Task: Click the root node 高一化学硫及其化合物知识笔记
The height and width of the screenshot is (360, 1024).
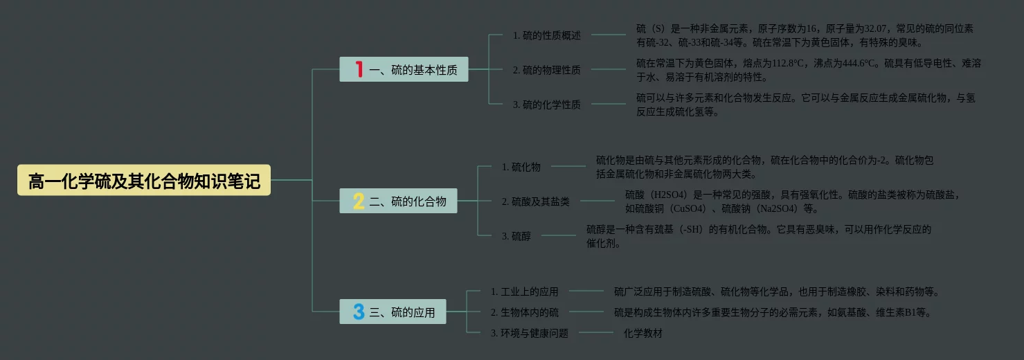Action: click(144, 181)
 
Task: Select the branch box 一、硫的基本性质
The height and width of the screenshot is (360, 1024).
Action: click(404, 69)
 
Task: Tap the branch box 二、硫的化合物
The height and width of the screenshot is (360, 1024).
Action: click(398, 201)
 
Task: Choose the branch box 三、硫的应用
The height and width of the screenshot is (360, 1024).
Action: click(393, 312)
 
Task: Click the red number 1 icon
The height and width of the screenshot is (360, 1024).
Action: click(359, 69)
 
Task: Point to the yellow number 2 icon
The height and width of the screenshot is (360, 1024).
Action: click(358, 201)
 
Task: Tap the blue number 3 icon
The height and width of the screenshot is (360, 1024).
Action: click(358, 312)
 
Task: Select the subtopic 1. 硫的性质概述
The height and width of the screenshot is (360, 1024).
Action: click(546, 35)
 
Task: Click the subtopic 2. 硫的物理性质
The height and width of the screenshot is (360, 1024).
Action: click(546, 69)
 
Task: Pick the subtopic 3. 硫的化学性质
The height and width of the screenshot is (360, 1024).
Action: click(546, 105)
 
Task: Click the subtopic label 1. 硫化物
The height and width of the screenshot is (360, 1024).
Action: click(521, 166)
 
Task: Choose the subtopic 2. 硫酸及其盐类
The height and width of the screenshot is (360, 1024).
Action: click(535, 201)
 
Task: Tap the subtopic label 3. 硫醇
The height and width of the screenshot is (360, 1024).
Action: click(516, 236)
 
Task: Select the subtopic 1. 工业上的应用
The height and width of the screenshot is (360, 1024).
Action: click(524, 291)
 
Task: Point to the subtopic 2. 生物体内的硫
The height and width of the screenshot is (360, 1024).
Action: click(524, 312)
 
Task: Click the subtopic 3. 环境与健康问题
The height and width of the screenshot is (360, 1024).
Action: click(529, 333)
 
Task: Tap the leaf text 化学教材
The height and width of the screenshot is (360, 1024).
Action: click(643, 333)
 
